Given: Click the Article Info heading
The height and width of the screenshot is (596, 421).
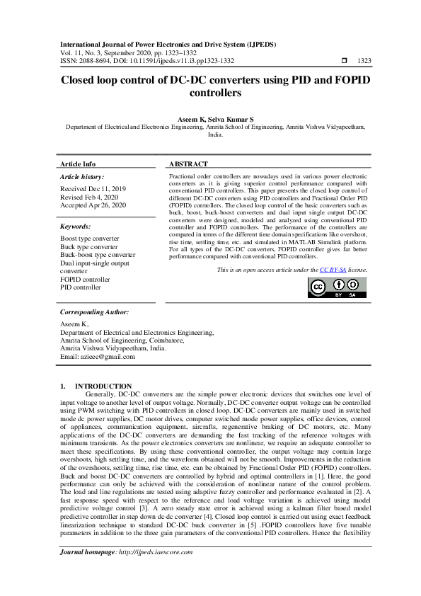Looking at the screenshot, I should [78, 164].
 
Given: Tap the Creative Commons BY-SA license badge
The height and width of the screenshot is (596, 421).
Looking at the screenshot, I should [337, 287].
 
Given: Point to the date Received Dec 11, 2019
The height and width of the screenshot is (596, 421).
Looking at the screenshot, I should [93, 188].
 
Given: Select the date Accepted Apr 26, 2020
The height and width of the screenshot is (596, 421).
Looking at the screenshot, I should [93, 205].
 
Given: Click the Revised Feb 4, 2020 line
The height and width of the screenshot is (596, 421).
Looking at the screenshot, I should [90, 197].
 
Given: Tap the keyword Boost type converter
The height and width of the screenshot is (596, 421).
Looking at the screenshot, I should [90, 239].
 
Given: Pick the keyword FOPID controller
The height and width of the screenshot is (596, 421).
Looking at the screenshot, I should [85, 280].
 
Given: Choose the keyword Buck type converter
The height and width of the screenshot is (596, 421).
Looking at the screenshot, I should [89, 247].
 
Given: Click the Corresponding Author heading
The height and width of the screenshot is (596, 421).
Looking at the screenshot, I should [94, 311].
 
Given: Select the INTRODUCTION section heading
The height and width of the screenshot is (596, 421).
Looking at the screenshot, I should [108, 386].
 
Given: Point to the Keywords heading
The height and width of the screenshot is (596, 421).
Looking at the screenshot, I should [76, 227].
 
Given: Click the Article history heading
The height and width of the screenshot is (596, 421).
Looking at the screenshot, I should [82, 176].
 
